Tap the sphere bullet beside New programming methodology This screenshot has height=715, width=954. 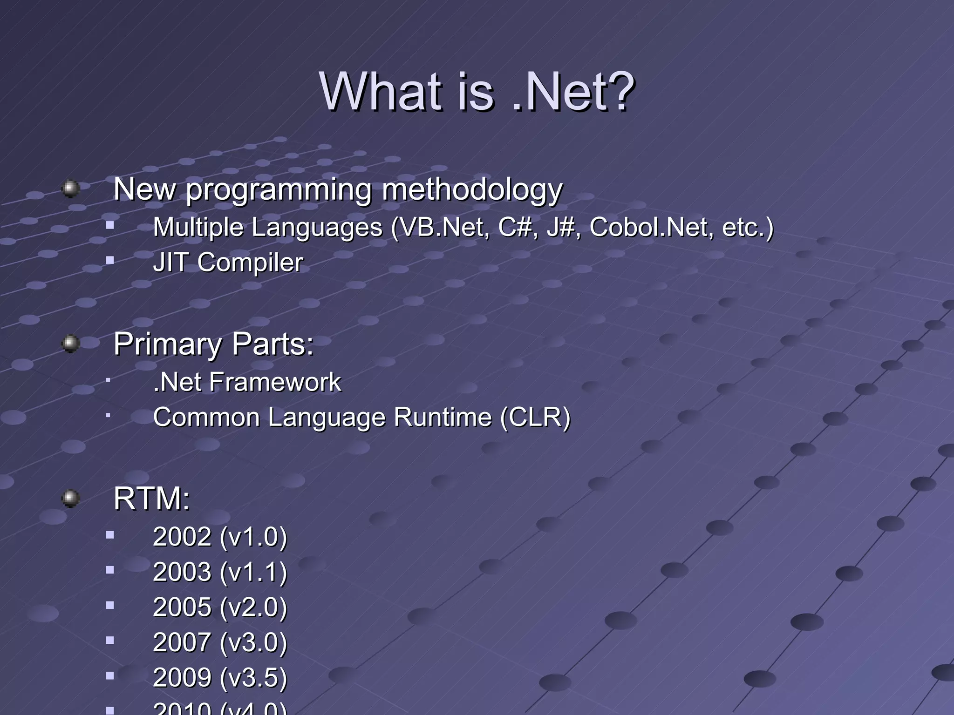[70, 189]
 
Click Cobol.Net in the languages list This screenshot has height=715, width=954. [650, 228]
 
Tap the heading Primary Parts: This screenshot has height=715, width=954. [213, 344]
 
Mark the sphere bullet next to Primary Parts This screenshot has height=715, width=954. [70, 344]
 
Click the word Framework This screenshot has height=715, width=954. [275, 382]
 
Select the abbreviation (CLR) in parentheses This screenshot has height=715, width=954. [535, 417]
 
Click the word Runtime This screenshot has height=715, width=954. [443, 417]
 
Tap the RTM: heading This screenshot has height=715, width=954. [152, 499]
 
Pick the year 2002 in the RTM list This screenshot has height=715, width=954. [182, 537]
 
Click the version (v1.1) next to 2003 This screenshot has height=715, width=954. [253, 572]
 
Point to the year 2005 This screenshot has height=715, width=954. [182, 607]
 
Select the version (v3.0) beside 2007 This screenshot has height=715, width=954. [253, 642]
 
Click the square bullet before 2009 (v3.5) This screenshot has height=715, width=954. [110, 675]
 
